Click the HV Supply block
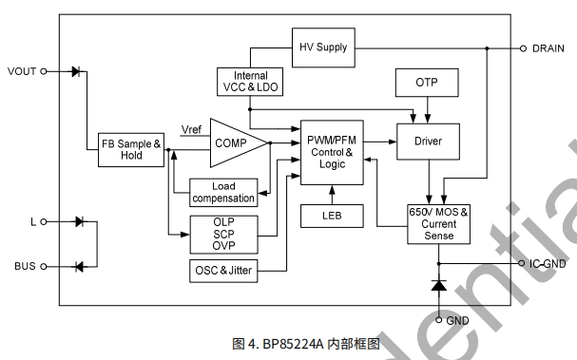coord(323,47)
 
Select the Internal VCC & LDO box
coord(250,82)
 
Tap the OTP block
coord(427,83)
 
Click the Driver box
coord(428,142)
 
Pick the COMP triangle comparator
coord(236,142)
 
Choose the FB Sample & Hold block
coord(131,150)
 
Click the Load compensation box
coord(223,192)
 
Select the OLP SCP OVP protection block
coord(223,235)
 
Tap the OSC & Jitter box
coord(223,271)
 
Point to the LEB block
coord(332,216)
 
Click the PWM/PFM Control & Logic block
coord(332,152)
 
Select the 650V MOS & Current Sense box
coord(438,224)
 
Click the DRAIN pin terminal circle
coord(523,48)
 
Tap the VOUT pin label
coord(22,71)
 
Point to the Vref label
coord(191,129)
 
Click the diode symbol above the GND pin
coord(438,285)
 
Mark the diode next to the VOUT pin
coord(76,71)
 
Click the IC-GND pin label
coord(548,264)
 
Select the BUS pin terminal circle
coord(44,266)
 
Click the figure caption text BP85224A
coord(293,344)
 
